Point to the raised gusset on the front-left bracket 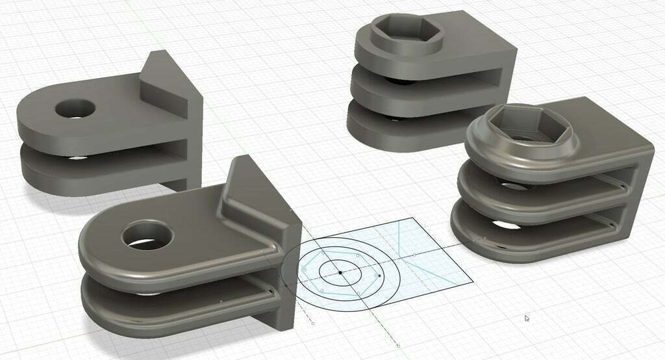coord(250,195)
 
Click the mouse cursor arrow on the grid coord(527,318)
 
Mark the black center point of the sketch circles coord(340,273)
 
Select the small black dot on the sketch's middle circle coord(379,276)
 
